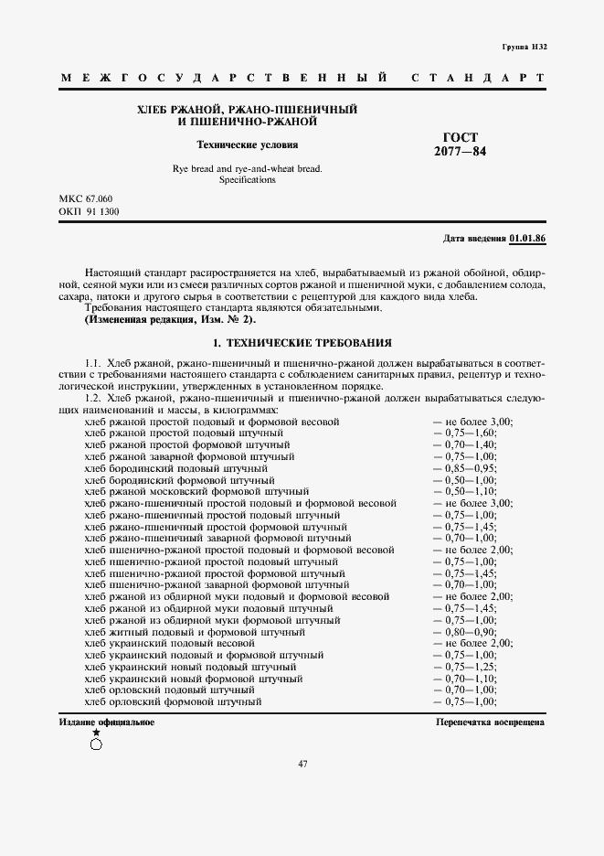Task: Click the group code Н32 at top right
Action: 537,46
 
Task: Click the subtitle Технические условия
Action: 247,144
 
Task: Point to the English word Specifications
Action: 247,180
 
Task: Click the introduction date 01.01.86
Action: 527,238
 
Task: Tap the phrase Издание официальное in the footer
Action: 107,722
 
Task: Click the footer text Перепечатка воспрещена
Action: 492,722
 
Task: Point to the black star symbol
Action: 96,733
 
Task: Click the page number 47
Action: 302,765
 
